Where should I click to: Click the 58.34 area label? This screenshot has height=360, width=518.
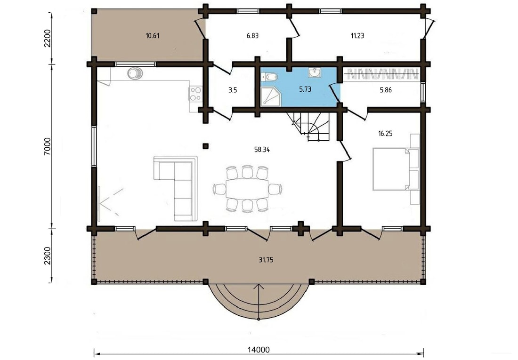point(262,150)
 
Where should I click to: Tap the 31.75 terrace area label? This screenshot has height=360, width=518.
point(266,260)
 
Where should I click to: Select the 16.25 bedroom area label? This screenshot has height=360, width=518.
point(385,134)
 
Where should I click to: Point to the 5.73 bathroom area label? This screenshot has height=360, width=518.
point(305,89)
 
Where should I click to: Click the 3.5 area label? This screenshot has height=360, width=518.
point(233,90)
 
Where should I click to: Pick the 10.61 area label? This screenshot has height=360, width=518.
point(152,36)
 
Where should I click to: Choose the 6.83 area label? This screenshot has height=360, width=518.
point(253,36)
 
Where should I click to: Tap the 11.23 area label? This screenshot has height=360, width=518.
point(357,36)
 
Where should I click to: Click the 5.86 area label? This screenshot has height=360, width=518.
point(386,90)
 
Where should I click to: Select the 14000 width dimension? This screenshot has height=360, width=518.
point(259,350)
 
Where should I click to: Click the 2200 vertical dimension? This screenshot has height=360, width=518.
point(48,38)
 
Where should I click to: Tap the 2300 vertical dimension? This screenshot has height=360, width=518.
point(48,256)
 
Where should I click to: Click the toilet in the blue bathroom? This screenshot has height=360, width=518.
point(269,77)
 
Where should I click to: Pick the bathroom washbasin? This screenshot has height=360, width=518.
point(315,72)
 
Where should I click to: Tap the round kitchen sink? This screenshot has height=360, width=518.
point(135,73)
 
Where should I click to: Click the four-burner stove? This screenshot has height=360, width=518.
point(195,94)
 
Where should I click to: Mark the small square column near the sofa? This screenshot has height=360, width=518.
point(205,146)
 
